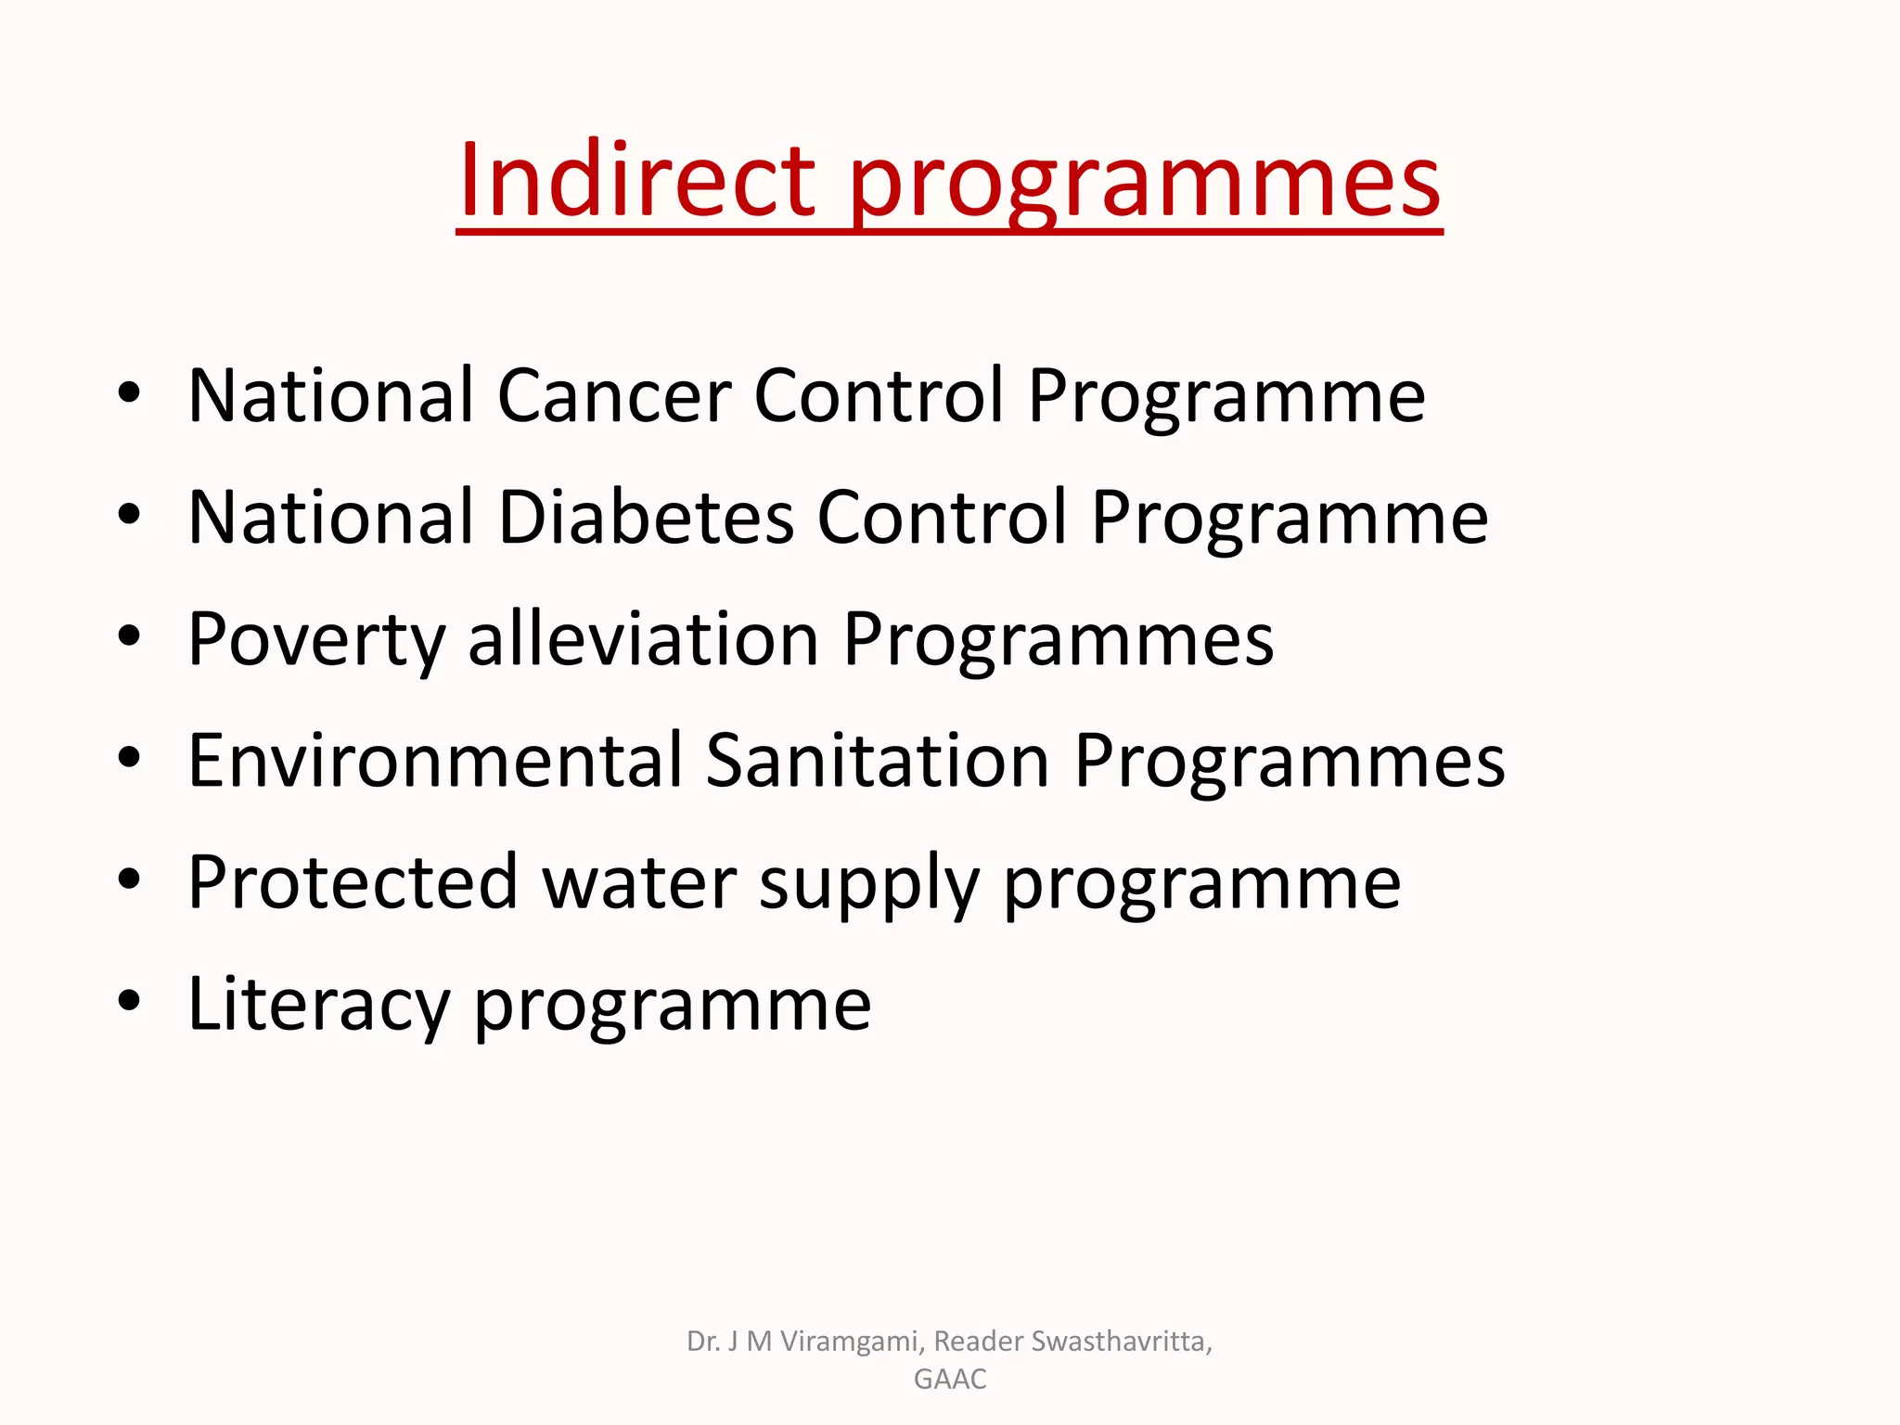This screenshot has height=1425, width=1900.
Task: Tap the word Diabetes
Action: click(x=647, y=518)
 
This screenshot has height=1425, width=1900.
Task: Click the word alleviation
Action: click(x=643, y=639)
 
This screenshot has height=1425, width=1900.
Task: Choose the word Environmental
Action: click(x=435, y=761)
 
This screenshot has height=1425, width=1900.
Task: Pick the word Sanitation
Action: click(x=877, y=761)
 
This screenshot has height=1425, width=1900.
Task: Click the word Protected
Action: click(x=353, y=883)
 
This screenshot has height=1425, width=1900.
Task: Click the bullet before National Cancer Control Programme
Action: click(x=130, y=393)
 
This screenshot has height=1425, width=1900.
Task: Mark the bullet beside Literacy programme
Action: click(x=130, y=1001)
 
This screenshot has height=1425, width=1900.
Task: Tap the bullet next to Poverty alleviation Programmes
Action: click(x=130, y=636)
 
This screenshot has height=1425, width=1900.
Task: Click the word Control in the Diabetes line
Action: click(x=942, y=518)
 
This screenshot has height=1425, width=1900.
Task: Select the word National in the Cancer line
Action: click(x=331, y=396)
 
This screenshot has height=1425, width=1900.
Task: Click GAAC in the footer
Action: click(x=950, y=1380)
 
